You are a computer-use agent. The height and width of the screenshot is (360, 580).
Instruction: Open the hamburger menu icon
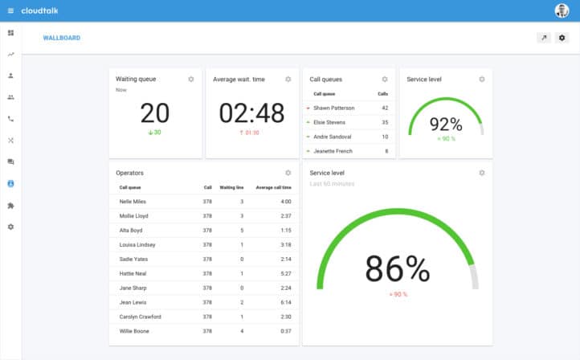click(10, 10)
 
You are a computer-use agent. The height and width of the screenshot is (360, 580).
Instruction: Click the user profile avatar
click(562, 10)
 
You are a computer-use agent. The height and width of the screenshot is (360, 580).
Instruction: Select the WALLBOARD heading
click(62, 38)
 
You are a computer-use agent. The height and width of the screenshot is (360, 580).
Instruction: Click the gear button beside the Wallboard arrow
click(562, 38)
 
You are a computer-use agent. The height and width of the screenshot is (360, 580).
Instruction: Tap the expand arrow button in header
click(544, 38)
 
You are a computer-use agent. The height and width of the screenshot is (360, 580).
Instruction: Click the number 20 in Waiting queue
click(156, 112)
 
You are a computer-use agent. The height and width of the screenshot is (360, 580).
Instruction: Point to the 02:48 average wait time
click(252, 112)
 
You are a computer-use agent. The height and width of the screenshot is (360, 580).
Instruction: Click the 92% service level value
click(446, 124)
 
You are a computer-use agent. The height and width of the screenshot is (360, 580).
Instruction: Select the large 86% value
click(398, 268)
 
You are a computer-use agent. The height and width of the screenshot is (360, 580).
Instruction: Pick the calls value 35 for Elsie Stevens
click(385, 122)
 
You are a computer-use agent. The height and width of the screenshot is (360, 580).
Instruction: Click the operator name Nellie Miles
click(133, 202)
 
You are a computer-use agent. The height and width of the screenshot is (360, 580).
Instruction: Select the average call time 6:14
click(285, 302)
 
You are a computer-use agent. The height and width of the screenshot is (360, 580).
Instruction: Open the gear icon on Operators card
click(288, 173)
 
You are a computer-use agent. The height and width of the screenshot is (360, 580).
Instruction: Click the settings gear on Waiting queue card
click(191, 79)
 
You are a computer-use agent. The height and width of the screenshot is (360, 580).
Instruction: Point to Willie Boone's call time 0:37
click(285, 331)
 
